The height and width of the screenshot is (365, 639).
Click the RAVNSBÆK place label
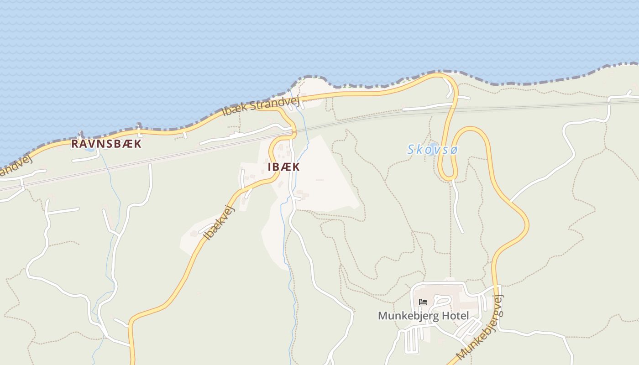106,144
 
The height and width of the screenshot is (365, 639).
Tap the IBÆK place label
283,167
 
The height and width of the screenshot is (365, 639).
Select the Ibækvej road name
220,223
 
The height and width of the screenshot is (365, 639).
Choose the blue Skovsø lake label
432,149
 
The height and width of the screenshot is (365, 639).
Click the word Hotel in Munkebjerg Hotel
453,316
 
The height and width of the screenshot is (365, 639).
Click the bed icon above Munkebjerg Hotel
423,302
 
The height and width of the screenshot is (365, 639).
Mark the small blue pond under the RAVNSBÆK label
89,149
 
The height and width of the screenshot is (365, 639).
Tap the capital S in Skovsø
411,149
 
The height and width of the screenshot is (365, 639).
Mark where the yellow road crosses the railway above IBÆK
293,133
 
